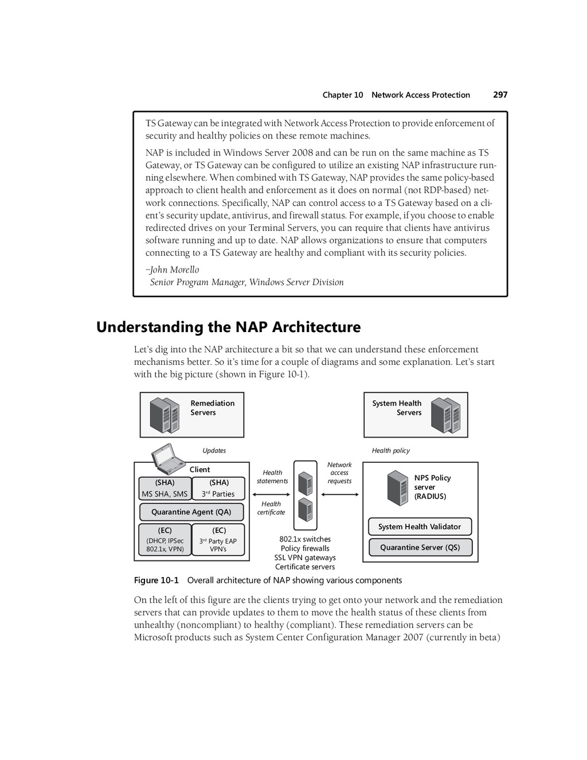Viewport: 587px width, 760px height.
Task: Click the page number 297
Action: tap(500, 95)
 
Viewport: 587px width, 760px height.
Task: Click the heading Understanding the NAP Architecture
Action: tap(228, 327)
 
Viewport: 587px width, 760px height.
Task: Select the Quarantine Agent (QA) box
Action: tap(191, 512)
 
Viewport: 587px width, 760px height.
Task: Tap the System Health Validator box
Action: tap(420, 527)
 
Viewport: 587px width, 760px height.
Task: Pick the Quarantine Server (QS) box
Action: tap(420, 547)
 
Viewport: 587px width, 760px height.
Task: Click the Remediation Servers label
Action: tap(212, 408)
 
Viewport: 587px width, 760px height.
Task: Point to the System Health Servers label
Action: tap(397, 408)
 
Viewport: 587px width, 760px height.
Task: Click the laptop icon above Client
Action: tap(169, 456)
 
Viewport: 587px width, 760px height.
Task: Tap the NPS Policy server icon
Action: tap(397, 488)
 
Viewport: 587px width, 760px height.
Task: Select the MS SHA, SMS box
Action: tap(165, 489)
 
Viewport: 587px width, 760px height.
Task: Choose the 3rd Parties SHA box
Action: tap(218, 489)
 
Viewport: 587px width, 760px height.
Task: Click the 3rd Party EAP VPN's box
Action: tap(218, 540)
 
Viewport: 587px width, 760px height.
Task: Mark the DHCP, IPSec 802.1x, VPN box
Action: tap(165, 540)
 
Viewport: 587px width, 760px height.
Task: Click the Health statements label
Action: tap(272, 477)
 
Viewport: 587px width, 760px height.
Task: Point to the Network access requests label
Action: tap(339, 473)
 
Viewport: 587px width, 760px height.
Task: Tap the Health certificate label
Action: tap(271, 508)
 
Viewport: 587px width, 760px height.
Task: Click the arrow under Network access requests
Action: tap(340, 494)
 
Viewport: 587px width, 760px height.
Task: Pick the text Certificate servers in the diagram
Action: tap(305, 567)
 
